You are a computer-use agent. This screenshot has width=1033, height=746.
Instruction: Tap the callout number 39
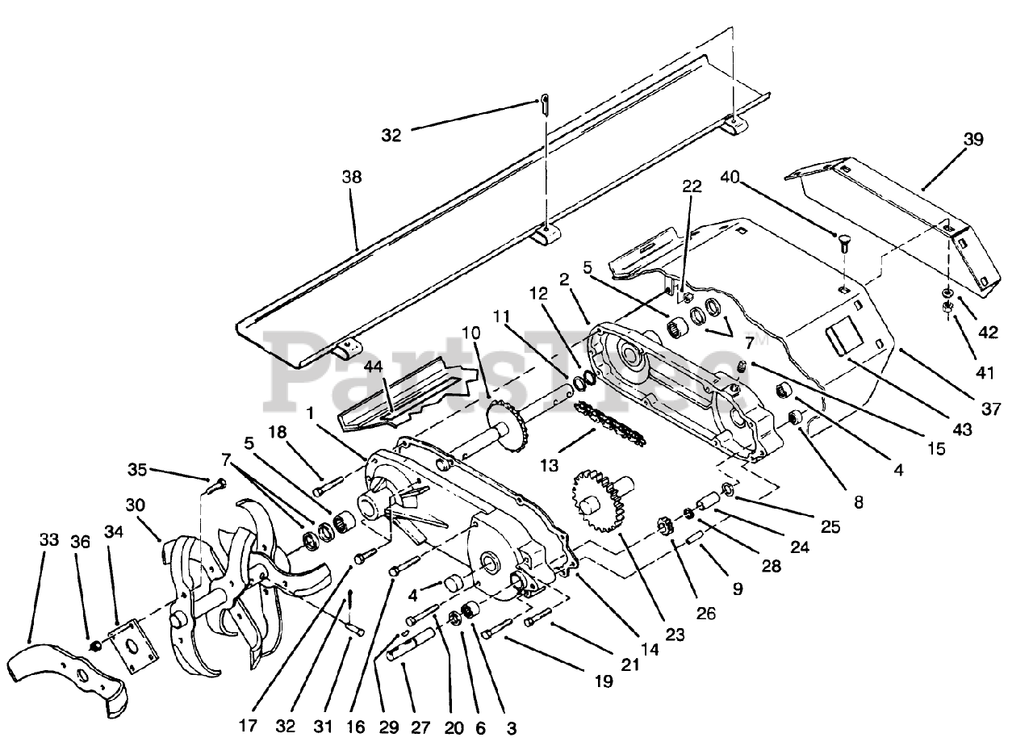coord(972,139)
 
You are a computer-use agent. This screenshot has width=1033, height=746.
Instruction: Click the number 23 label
coord(675,635)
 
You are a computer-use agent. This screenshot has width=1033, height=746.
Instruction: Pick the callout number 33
coord(50,539)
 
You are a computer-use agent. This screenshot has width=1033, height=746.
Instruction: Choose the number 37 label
coord(992,409)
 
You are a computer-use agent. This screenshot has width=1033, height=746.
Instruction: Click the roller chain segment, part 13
coord(611,425)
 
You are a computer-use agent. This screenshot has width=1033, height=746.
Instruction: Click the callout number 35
coord(138,468)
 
